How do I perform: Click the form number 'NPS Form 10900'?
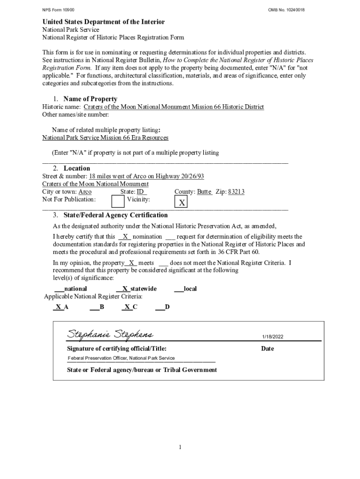pos(58,10)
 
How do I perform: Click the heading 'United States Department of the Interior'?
pos(103,22)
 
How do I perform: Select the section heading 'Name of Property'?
pos(90,99)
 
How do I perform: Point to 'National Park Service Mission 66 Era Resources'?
pos(105,138)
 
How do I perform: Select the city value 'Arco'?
pos(85,192)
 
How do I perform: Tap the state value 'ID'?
pos(141,192)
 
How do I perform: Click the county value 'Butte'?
pos(204,192)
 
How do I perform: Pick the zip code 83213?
pos(236,192)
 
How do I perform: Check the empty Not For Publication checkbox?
pos(118,201)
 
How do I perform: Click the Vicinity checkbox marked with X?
pos(181,202)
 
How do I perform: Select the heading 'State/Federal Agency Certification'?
pos(115,215)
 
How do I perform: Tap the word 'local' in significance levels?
pos(190,289)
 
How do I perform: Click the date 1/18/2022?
pos(273,337)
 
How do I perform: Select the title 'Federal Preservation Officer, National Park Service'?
pos(121,358)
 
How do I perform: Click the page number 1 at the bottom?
pos(180,448)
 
